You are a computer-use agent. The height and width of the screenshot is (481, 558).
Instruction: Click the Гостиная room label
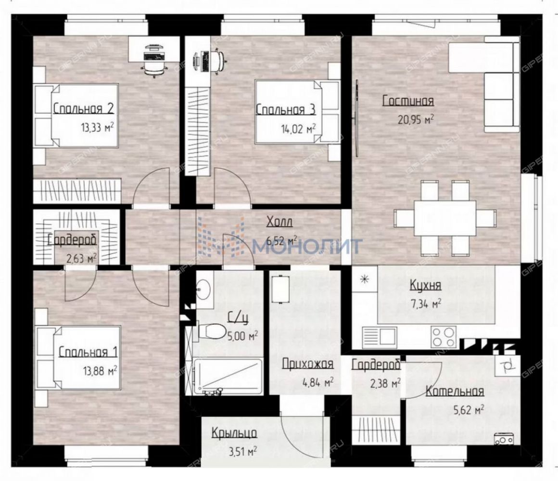coord(408,101)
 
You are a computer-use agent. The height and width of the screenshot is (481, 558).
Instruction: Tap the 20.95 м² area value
coord(415,119)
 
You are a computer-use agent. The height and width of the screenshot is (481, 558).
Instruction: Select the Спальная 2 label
coord(84,109)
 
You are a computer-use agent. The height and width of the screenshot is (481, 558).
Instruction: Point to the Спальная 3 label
coord(286,110)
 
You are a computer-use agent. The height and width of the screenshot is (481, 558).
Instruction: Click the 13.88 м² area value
coord(101,371)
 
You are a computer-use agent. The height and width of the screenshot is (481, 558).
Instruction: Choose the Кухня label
coord(426,285)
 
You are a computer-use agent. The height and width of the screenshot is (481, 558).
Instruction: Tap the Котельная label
coord(455,391)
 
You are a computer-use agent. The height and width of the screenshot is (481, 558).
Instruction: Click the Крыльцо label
coord(235,433)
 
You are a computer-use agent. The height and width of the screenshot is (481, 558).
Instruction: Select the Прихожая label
coord(308,364)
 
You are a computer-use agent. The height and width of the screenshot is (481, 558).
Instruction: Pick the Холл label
coord(279,222)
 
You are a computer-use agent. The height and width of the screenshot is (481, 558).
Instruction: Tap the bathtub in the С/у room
coord(228,377)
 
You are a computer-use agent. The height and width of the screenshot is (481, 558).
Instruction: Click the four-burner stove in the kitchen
coord(444,337)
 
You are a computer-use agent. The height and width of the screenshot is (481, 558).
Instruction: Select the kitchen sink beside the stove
coord(380,337)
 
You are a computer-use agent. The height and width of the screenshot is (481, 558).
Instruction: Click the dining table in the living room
coord(445,218)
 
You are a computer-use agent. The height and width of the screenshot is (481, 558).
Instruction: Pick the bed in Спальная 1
coord(79,357)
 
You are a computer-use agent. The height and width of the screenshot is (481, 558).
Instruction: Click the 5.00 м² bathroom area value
coord(242,335)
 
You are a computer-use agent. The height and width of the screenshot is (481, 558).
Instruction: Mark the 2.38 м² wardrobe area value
coord(385,383)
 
